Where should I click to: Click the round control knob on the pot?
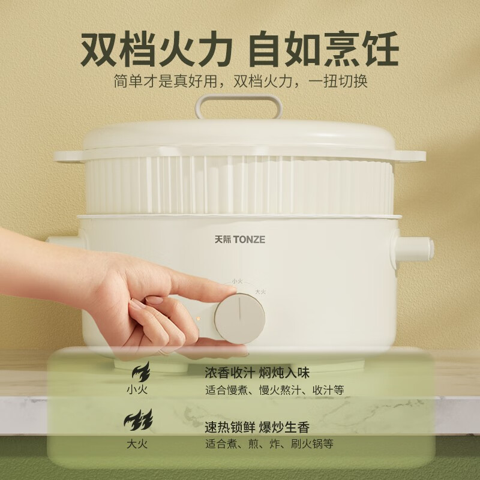(239, 319)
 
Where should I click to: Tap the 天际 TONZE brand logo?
(239, 239)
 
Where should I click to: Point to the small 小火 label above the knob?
(238, 281)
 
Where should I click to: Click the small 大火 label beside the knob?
(260, 292)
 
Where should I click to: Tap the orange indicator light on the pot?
(199, 319)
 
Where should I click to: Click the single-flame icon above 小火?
(141, 371)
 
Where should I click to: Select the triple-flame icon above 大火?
(138, 419)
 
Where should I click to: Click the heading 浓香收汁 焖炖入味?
(257, 373)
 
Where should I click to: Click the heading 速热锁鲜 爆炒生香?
(257, 427)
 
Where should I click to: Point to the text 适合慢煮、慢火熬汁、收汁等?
(275, 390)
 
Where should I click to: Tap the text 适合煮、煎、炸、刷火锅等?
(269, 443)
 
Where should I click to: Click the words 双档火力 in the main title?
(156, 49)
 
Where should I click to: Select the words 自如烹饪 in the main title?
(323, 49)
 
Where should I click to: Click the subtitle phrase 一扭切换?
(338, 81)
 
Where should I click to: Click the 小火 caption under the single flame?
(137, 389)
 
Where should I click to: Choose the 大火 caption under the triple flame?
(137, 444)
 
